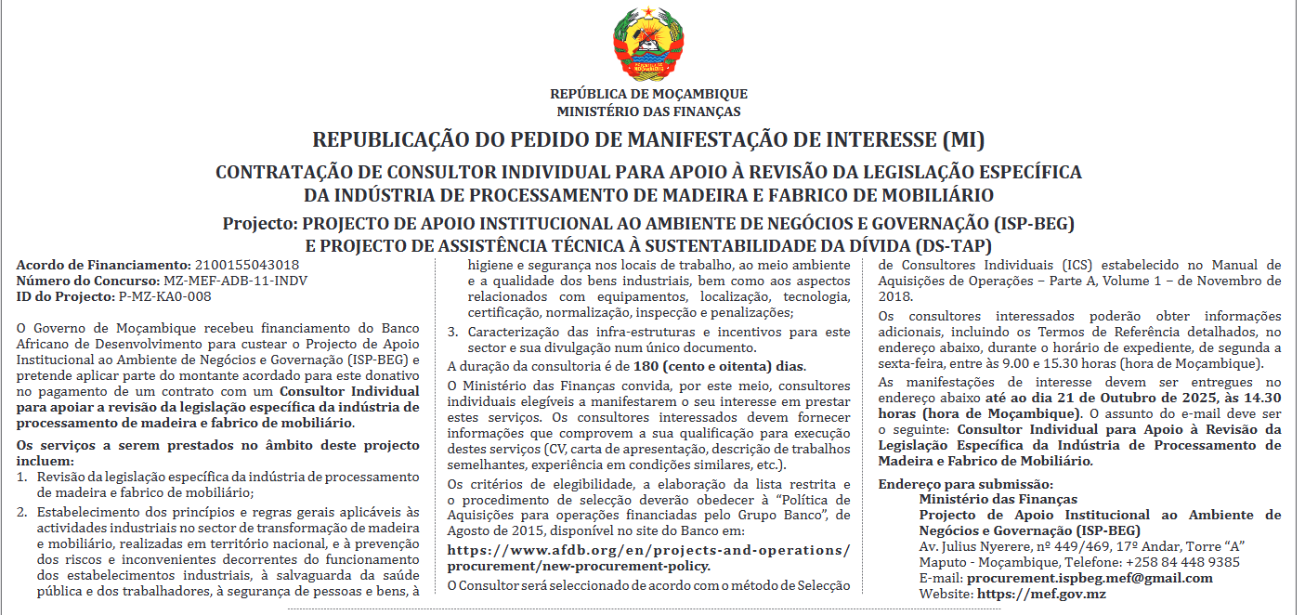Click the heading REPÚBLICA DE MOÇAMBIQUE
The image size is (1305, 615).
[648, 94]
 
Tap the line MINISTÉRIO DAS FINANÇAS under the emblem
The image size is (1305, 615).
[648, 111]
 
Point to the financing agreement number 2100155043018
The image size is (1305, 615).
[240, 265]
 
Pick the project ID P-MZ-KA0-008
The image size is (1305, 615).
[165, 296]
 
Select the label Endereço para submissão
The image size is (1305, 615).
[965, 484]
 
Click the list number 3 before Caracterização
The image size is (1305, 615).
[452, 332]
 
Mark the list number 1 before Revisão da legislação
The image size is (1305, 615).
[22, 477]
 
